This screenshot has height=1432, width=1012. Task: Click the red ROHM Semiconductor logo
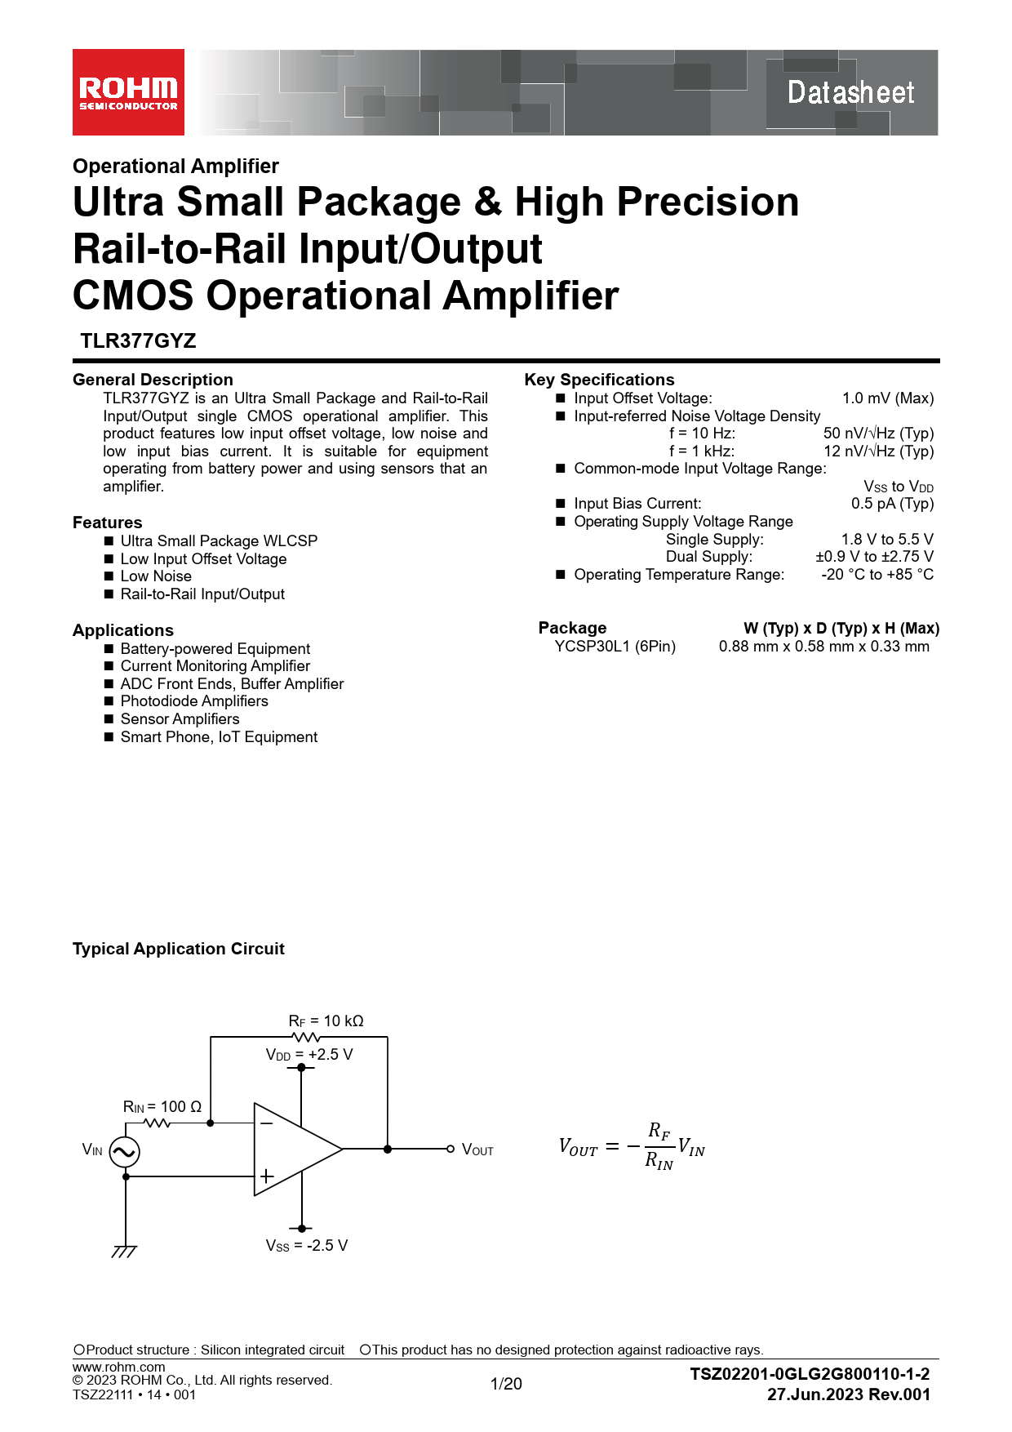tap(128, 92)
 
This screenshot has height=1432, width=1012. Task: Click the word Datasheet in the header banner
tap(850, 92)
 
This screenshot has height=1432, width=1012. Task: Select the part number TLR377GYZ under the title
tap(138, 341)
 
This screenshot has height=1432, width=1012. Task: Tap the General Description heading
tap(153, 380)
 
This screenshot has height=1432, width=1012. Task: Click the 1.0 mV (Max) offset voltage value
tap(888, 398)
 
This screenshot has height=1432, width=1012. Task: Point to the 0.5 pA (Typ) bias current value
tap(892, 504)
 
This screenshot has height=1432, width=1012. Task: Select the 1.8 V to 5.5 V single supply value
tap(887, 540)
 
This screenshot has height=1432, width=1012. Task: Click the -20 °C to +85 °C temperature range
tap(877, 575)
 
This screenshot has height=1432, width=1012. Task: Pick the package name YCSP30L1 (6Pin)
tap(615, 647)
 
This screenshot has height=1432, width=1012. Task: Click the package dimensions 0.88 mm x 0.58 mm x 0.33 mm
tap(823, 647)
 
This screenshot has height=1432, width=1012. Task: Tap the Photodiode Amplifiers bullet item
tap(194, 701)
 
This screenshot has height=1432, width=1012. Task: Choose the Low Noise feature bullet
tap(156, 576)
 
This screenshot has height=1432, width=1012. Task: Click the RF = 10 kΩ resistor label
tap(326, 1021)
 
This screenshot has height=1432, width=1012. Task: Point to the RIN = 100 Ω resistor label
tap(162, 1107)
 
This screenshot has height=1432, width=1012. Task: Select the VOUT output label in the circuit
tap(477, 1150)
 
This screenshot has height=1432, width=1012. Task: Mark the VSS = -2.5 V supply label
tap(306, 1246)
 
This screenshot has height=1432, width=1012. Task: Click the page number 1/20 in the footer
tap(506, 1384)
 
